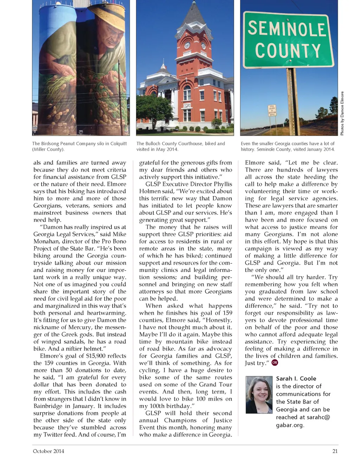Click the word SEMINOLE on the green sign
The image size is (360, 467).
[x=287, y=29]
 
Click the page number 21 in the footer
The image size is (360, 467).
[x=335, y=451]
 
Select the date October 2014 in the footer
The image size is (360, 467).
[x=49, y=451]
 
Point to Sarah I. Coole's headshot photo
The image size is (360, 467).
[x=259, y=395]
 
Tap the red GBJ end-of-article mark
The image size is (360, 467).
[x=275, y=363]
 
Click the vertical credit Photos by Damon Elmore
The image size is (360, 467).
[x=342, y=113]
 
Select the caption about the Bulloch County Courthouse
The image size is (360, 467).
[x=181, y=146]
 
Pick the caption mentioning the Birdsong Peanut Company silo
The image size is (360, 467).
[x=79, y=146]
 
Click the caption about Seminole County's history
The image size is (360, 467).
[x=288, y=146]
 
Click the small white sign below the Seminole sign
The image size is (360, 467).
[x=272, y=110]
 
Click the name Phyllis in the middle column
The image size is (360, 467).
[x=223, y=184]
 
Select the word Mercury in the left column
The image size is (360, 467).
[x=81, y=327]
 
